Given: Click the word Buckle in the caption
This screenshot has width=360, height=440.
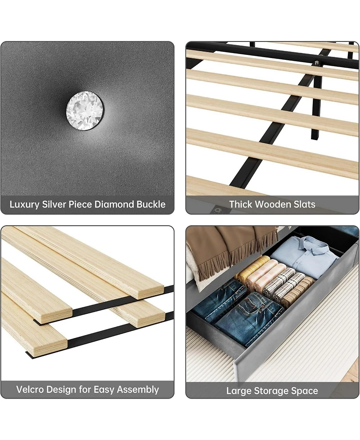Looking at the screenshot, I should [x=150, y=204].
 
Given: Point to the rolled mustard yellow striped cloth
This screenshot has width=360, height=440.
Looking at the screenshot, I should [x=252, y=268].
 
